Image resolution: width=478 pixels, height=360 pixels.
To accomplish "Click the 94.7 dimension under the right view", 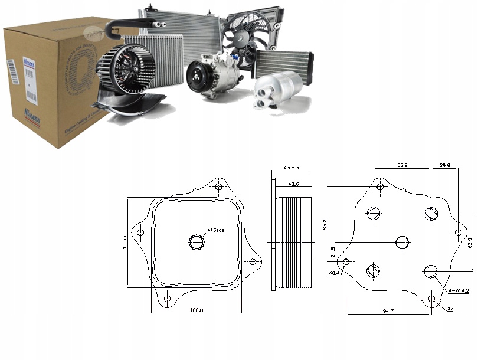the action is pos(388,310).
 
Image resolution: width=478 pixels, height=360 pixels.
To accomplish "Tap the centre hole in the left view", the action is pos(196,241).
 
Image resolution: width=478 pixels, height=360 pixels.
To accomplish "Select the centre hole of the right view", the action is pos(402,241).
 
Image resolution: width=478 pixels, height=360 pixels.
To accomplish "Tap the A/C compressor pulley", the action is pos(197,77).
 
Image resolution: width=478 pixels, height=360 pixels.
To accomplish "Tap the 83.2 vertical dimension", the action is pos(326,224).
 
